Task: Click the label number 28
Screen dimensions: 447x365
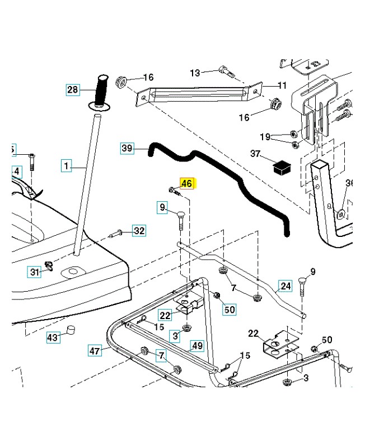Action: tap(73, 89)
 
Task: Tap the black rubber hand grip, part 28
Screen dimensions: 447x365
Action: tap(102, 89)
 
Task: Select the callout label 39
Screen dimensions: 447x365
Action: tap(128, 148)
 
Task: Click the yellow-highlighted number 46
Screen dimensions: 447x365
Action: tap(186, 183)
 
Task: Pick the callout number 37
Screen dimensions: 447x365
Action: tap(255, 154)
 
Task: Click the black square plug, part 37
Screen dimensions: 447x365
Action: tap(280, 166)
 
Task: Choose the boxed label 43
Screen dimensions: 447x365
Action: tap(52, 337)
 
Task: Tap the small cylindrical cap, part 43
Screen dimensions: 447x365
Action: tap(71, 330)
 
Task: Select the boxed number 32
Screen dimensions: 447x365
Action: tap(139, 230)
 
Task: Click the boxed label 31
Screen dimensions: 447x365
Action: tap(35, 272)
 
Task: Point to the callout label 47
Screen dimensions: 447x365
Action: tap(95, 350)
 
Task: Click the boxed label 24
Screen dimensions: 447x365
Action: tap(286, 286)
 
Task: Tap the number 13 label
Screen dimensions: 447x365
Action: tap(195, 73)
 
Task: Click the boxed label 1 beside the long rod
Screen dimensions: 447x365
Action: tap(67, 165)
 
